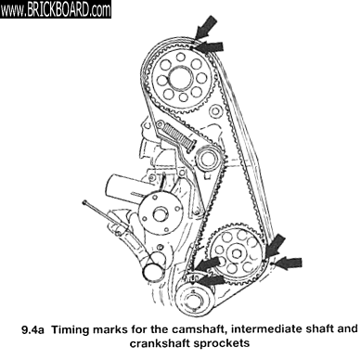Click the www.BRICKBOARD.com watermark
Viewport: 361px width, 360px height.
[x=56, y=9]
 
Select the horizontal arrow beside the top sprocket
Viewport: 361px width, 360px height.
[x=210, y=47]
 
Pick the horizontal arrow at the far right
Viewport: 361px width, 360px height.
[x=289, y=264]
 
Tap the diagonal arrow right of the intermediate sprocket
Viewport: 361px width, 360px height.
[x=275, y=245]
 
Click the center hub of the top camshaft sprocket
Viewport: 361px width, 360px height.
[x=181, y=79]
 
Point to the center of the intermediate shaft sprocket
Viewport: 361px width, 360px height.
[x=237, y=253]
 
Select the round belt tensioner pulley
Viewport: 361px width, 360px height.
[x=208, y=159]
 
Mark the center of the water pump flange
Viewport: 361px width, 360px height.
[x=159, y=213]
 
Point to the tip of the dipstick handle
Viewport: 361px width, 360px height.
[x=84, y=202]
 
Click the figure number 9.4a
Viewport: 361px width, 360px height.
[x=32, y=330]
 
